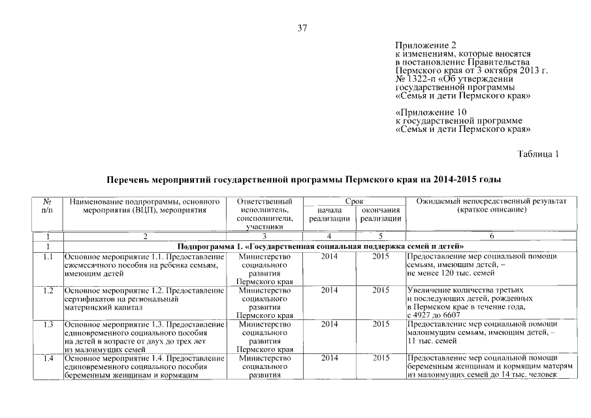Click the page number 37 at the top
(x=302, y=28)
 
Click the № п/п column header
(x=47, y=206)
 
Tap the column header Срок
(x=354, y=202)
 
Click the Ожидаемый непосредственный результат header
(x=492, y=206)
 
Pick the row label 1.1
(x=47, y=257)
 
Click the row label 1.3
(x=47, y=324)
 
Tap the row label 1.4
(x=47, y=358)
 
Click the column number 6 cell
(x=492, y=236)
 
